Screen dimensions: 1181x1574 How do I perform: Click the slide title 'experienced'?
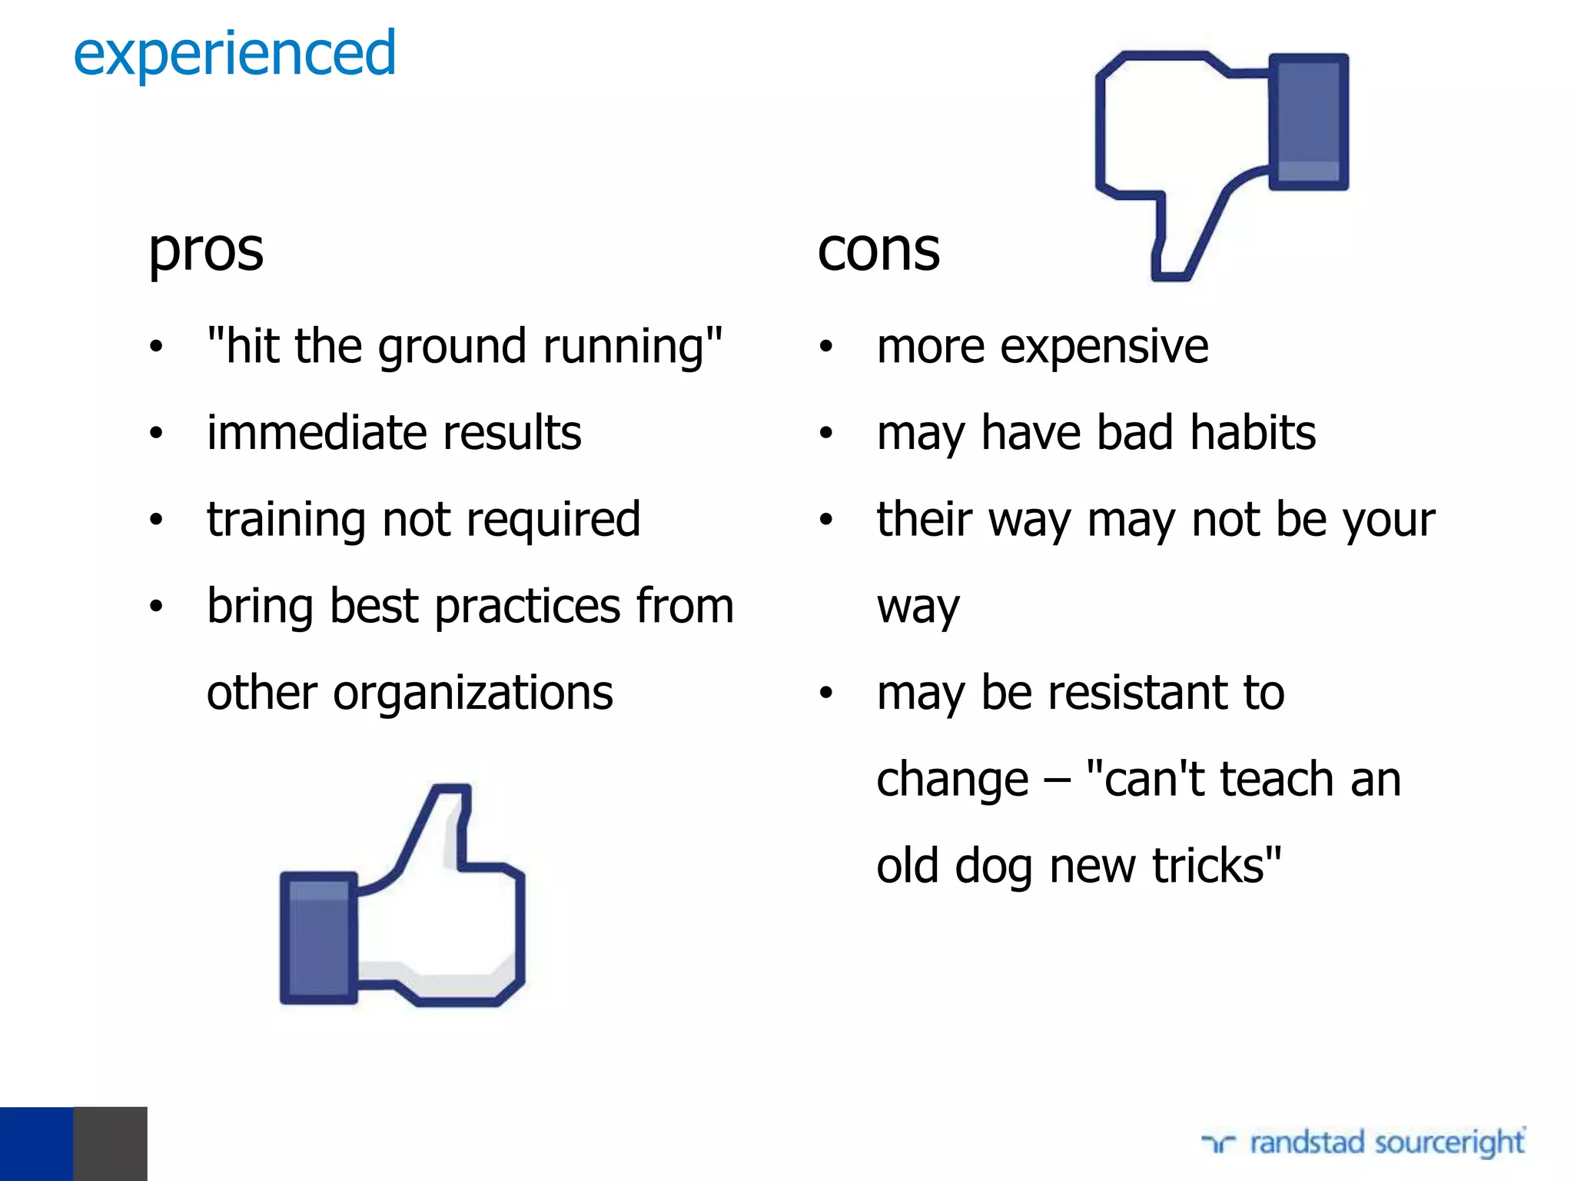coord(234,54)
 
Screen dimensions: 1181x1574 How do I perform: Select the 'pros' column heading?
coord(206,251)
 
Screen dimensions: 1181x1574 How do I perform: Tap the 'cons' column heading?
coord(878,251)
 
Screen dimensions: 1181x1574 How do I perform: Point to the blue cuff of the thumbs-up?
coord(318,938)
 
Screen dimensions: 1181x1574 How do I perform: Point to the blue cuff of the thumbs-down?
coord(1308,121)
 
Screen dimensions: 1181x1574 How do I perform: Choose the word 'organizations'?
coord(473,694)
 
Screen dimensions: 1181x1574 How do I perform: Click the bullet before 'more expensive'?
coord(826,348)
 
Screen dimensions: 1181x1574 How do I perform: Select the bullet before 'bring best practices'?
coord(156,607)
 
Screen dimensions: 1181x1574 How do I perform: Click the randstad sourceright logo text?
coord(1386,1143)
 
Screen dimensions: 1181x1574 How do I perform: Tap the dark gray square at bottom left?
coord(110,1143)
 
